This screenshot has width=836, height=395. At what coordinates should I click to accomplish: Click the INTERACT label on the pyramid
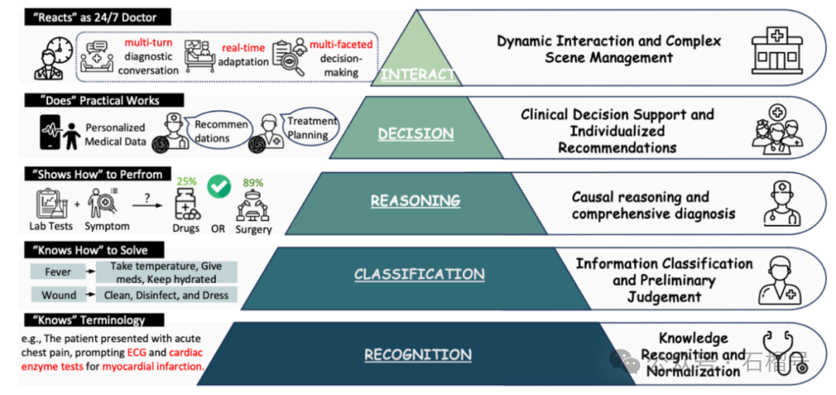(x=418, y=75)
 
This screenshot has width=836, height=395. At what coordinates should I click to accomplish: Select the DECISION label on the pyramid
(x=416, y=134)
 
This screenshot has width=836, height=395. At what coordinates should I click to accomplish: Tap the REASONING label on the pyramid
(x=415, y=201)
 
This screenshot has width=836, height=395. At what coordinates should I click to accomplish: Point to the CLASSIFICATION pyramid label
(x=420, y=274)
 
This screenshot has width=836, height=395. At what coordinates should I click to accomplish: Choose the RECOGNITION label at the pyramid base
(x=418, y=355)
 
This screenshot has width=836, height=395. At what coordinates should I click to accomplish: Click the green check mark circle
(x=221, y=186)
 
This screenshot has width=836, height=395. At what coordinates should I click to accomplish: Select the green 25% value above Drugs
(x=187, y=182)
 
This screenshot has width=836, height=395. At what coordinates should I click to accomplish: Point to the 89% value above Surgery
(x=253, y=183)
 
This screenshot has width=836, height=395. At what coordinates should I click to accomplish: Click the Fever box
(x=58, y=272)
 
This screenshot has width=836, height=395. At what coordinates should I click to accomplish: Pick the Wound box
(x=59, y=295)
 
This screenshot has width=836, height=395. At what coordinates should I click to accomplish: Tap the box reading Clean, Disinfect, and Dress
(x=167, y=295)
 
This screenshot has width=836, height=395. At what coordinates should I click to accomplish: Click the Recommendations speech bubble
(x=221, y=131)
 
